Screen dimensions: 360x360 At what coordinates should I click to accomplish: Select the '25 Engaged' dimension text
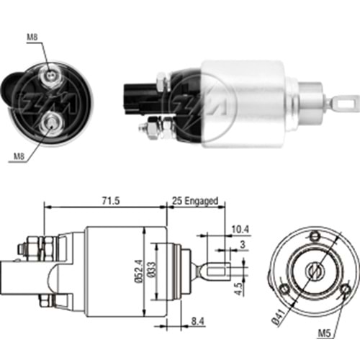194,202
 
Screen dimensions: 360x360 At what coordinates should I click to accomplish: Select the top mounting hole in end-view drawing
314,237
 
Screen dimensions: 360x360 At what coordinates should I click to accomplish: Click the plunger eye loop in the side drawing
214,271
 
